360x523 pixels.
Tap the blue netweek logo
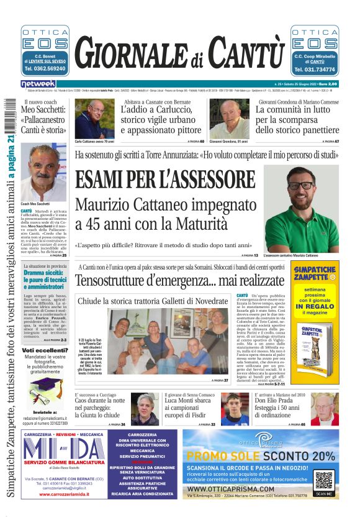point(38,83)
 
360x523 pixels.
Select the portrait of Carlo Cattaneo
point(91,121)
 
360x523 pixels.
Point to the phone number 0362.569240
point(45,69)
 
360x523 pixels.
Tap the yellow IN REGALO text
point(315,306)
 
